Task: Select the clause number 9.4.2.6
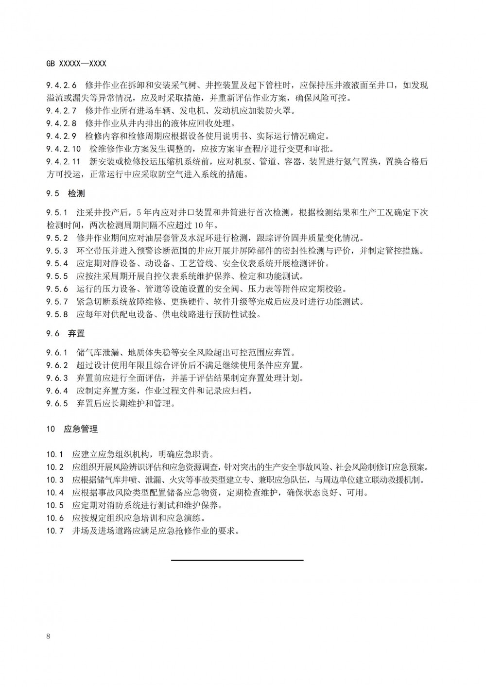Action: pos(61,86)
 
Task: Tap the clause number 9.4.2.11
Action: pos(63,162)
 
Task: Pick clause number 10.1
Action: pos(55,455)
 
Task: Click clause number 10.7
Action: pos(55,531)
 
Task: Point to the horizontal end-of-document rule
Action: pos(237,560)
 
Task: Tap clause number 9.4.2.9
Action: pos(61,136)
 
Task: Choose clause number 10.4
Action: pos(55,493)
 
